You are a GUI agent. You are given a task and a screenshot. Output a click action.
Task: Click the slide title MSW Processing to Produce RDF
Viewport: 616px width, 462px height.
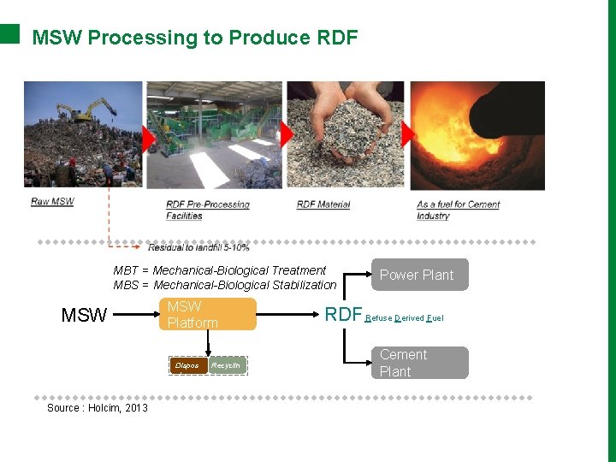tap(194, 38)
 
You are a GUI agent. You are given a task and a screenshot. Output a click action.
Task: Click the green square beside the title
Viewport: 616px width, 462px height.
tap(9, 33)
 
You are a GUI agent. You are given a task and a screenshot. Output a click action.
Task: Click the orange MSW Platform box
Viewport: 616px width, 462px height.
tap(208, 314)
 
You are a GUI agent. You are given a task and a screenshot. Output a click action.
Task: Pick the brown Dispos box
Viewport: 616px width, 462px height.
tap(187, 365)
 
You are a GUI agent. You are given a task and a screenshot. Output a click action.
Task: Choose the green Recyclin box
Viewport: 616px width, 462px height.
tap(228, 365)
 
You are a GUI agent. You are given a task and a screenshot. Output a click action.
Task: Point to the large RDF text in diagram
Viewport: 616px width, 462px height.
tap(343, 315)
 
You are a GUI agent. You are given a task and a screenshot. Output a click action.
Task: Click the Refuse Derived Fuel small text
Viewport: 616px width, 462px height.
tap(405, 318)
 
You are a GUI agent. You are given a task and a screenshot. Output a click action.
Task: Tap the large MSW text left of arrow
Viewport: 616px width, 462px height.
tap(85, 316)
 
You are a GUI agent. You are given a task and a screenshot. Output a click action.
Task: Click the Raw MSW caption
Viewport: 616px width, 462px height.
tap(52, 202)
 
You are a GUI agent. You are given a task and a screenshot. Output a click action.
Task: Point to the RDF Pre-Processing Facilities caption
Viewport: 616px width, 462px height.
tap(207, 210)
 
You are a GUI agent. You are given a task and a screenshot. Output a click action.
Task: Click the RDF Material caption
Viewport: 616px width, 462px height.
tap(323, 204)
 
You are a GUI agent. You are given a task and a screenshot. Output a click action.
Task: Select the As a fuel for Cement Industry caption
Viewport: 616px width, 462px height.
tap(458, 210)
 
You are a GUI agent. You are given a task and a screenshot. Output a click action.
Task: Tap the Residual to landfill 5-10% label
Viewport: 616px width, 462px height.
tap(198, 247)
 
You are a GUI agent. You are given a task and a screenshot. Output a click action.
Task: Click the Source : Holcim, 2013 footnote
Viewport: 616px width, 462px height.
tap(98, 408)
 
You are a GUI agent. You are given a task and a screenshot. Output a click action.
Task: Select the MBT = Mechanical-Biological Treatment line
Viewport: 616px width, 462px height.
tap(220, 270)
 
